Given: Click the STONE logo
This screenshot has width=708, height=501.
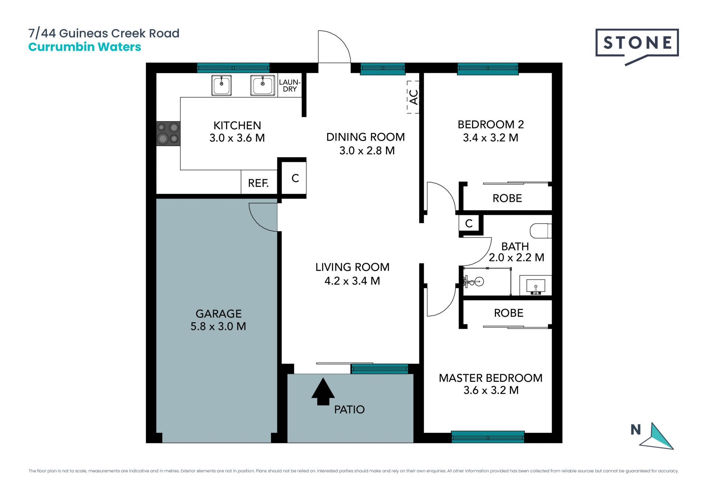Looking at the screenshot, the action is pyautogui.click(x=637, y=44).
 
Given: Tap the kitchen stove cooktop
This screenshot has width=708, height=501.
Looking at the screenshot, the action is pyautogui.click(x=168, y=133).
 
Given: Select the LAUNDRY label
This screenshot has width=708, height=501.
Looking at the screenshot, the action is pyautogui.click(x=290, y=85).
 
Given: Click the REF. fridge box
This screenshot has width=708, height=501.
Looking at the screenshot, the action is pyautogui.click(x=259, y=182).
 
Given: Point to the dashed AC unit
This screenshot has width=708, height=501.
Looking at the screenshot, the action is pyautogui.click(x=413, y=97).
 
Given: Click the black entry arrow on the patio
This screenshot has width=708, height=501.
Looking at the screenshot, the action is pyautogui.click(x=323, y=391).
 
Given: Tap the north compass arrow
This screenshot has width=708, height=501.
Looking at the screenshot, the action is pyautogui.click(x=657, y=436).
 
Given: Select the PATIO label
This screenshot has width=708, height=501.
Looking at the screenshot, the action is pyautogui.click(x=349, y=409).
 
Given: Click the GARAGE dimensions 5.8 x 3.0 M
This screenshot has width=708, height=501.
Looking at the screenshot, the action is pyautogui.click(x=218, y=326).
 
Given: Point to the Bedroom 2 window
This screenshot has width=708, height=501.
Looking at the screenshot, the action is pyautogui.click(x=488, y=69).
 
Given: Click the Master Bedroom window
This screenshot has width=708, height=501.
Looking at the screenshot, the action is pyautogui.click(x=488, y=437).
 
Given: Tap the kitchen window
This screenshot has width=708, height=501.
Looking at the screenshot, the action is pyautogui.click(x=233, y=68).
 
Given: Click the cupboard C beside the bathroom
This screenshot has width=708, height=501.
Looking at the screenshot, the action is pyautogui.click(x=469, y=223).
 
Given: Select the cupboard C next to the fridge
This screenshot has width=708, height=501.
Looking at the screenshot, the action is pyautogui.click(x=295, y=178).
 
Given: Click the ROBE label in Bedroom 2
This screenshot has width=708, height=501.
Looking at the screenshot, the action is pyautogui.click(x=507, y=198).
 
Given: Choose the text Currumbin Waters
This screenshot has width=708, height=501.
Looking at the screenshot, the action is pyautogui.click(x=85, y=47).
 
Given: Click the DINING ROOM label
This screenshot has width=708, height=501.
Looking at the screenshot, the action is pyautogui.click(x=365, y=137).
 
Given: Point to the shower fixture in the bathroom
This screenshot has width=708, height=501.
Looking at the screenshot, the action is pyautogui.click(x=473, y=282).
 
